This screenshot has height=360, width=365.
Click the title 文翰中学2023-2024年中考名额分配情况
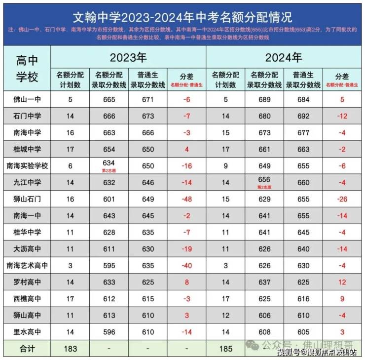182,17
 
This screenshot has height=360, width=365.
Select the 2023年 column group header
128,57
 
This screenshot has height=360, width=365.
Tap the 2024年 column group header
284,57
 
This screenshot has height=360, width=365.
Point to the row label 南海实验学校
27,166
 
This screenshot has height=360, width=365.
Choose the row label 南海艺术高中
27,266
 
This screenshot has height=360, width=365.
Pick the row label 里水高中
27,332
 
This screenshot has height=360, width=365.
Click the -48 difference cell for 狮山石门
186,199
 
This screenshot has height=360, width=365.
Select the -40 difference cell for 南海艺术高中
186,266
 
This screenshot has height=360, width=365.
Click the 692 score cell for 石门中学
303,117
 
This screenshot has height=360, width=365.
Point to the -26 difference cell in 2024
342,199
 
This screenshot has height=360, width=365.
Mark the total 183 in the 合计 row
71,349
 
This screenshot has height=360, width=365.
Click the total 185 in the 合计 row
226,349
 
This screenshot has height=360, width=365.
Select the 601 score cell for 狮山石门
109,199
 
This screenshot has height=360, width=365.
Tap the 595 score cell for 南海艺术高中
109,266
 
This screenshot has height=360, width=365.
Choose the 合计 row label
27,349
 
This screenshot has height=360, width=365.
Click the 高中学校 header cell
27,69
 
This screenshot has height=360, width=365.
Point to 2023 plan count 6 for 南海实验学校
71,166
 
